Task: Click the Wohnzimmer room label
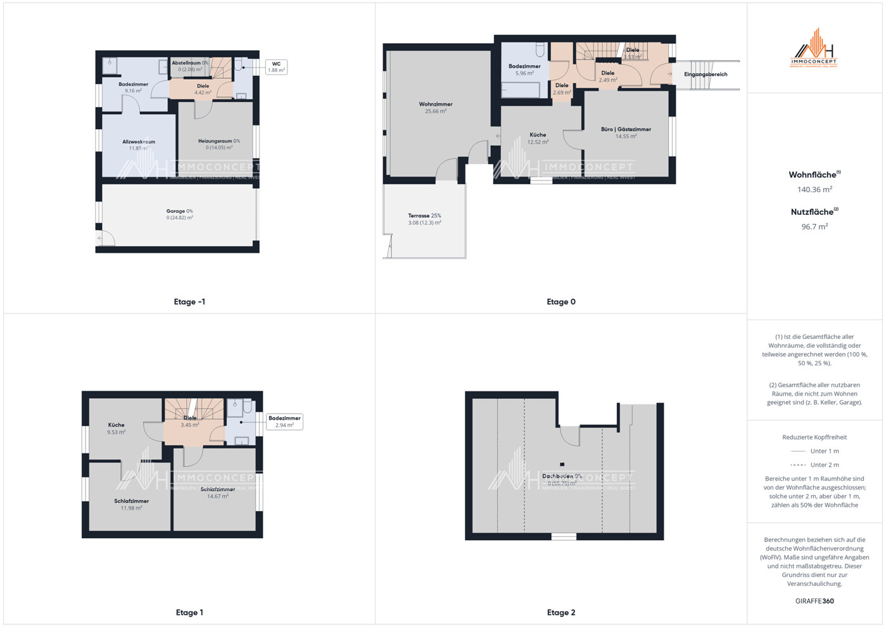pos(436,104)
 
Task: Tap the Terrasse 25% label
pos(424,216)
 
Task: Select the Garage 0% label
pos(179,212)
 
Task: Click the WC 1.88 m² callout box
pos(276,67)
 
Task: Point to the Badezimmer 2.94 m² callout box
pos(284,422)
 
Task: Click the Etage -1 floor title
pos(189,302)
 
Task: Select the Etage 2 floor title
pos(561,612)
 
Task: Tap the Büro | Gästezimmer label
pos(626,130)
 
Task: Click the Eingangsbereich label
pos(706,75)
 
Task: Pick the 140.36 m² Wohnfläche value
pos(814,189)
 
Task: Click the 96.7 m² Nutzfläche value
pos(814,227)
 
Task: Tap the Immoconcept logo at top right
pos(814,48)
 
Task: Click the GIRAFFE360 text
pos(814,601)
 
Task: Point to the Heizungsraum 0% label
pos(219,141)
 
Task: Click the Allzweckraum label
pos(139,142)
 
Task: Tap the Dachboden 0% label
pos(561,476)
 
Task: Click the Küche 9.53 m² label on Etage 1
pos(116,426)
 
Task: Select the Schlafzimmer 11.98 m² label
pos(131,502)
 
